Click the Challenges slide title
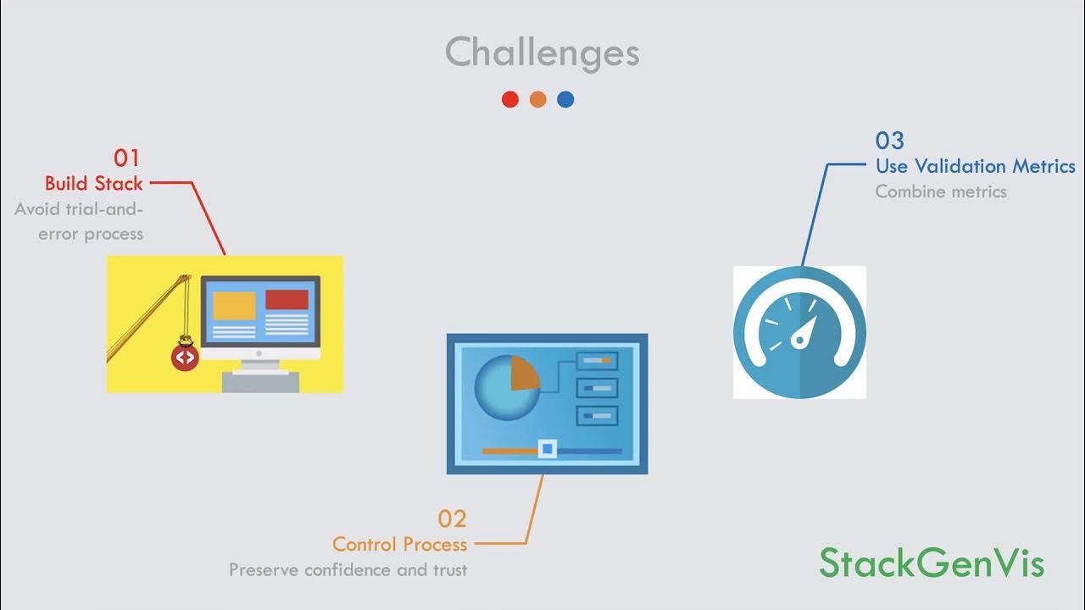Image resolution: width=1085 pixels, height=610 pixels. click(x=542, y=53)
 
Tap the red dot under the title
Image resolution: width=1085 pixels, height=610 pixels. click(x=509, y=99)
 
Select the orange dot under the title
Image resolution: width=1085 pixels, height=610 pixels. click(x=537, y=99)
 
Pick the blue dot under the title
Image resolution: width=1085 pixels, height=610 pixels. click(x=565, y=99)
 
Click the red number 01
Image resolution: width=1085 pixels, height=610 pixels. click(x=126, y=158)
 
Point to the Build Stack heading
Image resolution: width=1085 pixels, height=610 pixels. click(x=94, y=183)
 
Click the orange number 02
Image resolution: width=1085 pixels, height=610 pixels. click(x=452, y=518)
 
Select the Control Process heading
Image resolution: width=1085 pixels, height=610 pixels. click(x=399, y=544)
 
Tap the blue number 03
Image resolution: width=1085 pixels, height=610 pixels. click(x=890, y=141)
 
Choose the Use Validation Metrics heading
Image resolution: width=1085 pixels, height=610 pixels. click(x=975, y=166)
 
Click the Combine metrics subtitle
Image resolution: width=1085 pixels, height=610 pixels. click(x=941, y=191)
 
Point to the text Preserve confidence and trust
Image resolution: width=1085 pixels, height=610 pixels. click(x=348, y=569)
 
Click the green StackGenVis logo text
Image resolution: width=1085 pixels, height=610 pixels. click(x=932, y=563)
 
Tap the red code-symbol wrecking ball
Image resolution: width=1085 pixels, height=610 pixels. click(x=184, y=358)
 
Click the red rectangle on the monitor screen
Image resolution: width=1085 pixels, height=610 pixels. click(x=287, y=300)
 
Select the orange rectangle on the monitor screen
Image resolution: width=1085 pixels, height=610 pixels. click(x=234, y=305)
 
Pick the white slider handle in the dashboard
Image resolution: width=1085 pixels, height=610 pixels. click(x=548, y=448)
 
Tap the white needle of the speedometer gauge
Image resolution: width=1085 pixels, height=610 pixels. click(x=803, y=333)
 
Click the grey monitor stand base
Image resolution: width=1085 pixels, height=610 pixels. click(x=260, y=381)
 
